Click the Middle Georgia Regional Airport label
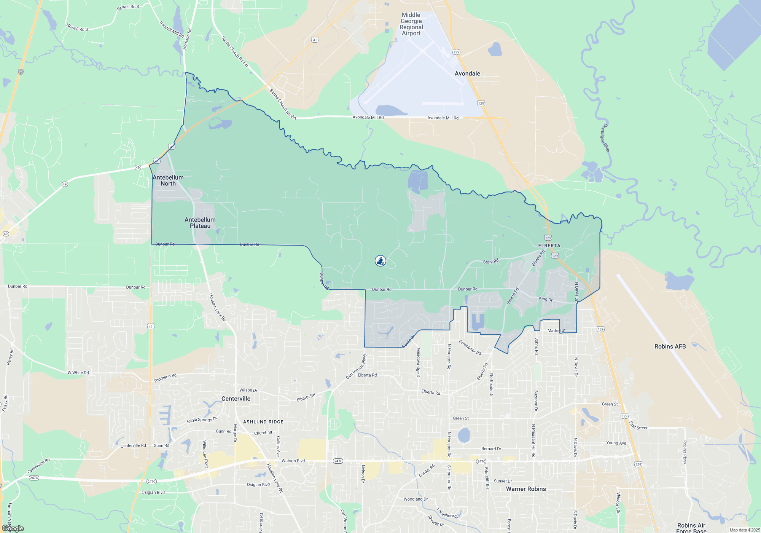411,24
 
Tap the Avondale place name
467,73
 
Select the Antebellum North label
168,180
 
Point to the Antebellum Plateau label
200,223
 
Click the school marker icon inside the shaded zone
380,260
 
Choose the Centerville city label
236,399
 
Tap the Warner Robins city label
526,489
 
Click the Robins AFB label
670,346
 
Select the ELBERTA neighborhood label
549,246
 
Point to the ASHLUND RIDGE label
263,422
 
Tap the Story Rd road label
490,262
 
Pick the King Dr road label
546,299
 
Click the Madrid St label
556,330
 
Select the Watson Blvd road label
293,461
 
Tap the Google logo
13,528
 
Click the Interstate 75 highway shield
21,72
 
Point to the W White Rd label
78,373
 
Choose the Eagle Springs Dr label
202,420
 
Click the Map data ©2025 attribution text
745,530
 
